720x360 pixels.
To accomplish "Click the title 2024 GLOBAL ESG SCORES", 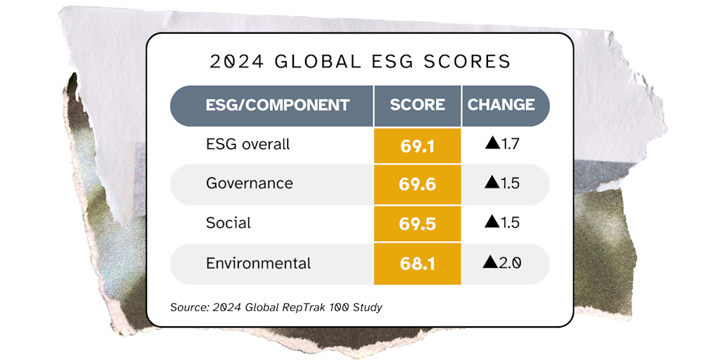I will [x=360, y=62].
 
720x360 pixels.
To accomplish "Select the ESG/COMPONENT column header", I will [x=277, y=105].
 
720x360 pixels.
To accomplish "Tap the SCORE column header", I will [x=418, y=105].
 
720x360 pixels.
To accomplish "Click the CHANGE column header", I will [x=501, y=105].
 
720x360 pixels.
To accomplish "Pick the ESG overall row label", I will [x=247, y=145].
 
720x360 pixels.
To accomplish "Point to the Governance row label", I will [x=249, y=184].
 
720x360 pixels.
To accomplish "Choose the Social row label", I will [x=228, y=224].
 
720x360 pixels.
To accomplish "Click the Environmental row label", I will [x=258, y=264].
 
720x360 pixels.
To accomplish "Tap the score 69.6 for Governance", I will [x=418, y=185].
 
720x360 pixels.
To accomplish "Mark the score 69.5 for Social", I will [x=418, y=224].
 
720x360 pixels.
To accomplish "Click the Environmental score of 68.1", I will [x=418, y=264].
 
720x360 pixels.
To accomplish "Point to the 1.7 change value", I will [x=510, y=145].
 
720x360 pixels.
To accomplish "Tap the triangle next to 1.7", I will [x=491, y=145].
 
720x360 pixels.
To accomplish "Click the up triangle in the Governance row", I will [x=491, y=184].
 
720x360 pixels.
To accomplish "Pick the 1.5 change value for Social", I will [x=510, y=224].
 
